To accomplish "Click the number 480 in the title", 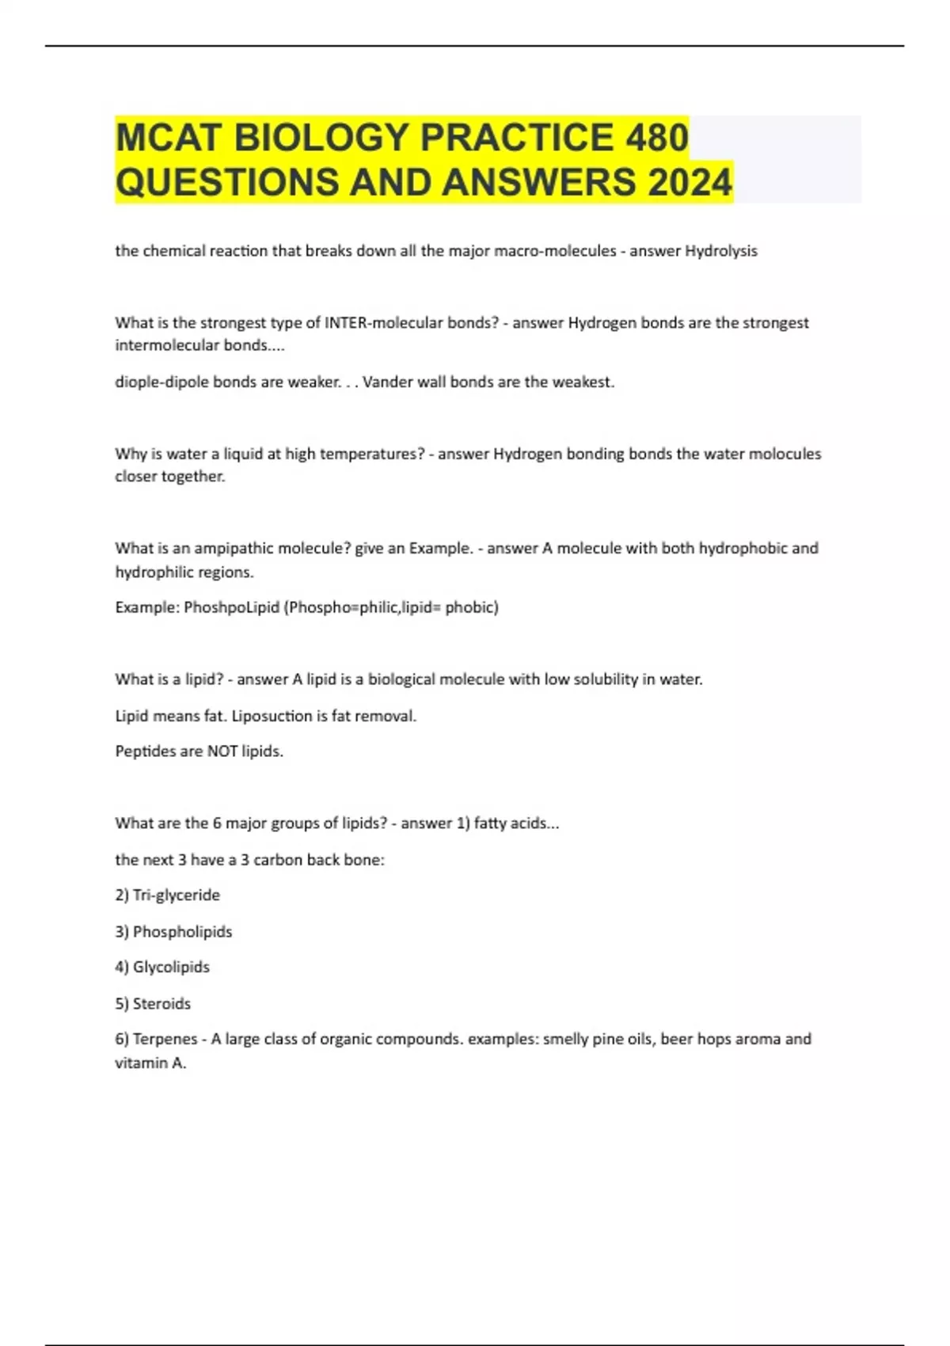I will coord(656,137).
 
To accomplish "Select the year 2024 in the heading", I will coord(690,182).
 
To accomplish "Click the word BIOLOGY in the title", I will coord(320,137).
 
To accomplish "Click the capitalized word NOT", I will coord(222,751).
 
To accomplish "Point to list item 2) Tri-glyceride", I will coord(168,895).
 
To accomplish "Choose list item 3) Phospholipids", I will coord(173,932).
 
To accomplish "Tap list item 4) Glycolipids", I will coord(162,968).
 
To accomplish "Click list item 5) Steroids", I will coord(153,1004).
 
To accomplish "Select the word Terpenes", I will coord(165,1039).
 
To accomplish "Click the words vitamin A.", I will coord(150,1063).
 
